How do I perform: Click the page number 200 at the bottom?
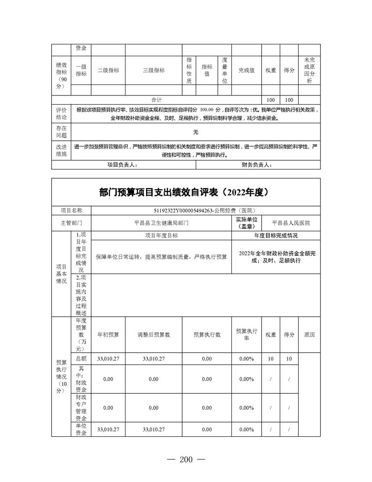[186, 459]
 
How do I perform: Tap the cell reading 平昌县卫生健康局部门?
[161, 223]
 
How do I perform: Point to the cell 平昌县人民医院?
[291, 223]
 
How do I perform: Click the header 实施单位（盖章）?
[246, 223]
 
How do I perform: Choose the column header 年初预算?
[108, 334]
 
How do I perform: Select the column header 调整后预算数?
[153, 334]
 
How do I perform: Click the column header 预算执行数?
[207, 334]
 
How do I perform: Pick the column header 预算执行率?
[246, 334]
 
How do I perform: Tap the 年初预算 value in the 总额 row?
[108, 359]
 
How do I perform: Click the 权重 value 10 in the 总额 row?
[271, 359]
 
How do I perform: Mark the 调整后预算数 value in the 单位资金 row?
[153, 429]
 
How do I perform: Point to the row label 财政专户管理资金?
[81, 408]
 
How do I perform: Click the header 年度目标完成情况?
[276, 236]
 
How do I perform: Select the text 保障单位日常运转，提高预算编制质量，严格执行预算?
[161, 257]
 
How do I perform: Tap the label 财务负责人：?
[257, 165]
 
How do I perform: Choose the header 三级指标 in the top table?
[153, 70]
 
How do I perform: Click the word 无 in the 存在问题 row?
[195, 132]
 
